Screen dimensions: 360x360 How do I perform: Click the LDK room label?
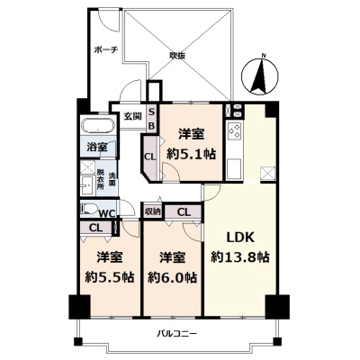[x=240, y=238]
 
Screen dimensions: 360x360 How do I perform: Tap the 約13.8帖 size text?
[x=239, y=257]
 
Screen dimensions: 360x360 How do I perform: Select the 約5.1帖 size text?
[x=191, y=154]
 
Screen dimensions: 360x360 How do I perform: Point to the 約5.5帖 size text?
[x=110, y=277]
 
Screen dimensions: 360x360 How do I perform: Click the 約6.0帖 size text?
[x=172, y=277]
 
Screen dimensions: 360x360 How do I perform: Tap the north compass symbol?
[x=260, y=75]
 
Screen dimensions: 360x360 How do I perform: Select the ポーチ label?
[x=106, y=49]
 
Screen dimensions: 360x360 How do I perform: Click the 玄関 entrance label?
[x=133, y=116]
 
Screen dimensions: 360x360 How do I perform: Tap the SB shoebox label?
[x=152, y=119]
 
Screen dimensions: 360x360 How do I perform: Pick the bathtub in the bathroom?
[x=98, y=126]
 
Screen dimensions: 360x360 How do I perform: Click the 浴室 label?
[x=97, y=148]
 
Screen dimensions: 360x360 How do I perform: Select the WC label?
[x=107, y=214]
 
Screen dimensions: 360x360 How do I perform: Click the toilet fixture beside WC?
[x=88, y=209]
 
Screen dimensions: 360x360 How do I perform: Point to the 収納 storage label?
[x=153, y=211]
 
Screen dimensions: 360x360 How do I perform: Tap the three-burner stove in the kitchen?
[x=235, y=131]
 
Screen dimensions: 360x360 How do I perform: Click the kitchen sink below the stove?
[x=234, y=168]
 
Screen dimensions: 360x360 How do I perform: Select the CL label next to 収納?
[x=184, y=212]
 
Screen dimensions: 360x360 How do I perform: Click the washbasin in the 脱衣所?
[x=87, y=185]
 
